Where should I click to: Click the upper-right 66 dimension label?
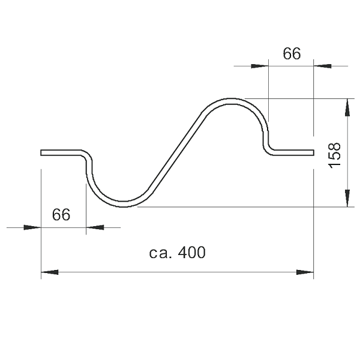pyautogui.click(x=292, y=53)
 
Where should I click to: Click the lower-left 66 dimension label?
pyautogui.click(x=61, y=215)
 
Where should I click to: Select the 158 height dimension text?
pyautogui.click(x=335, y=155)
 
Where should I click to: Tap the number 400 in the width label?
pyautogui.click(x=192, y=253)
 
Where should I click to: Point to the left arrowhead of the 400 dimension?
pyautogui.click(x=50, y=272)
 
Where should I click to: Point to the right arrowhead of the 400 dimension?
pyautogui.click(x=305, y=272)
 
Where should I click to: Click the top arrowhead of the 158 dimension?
pyautogui.click(x=347, y=107)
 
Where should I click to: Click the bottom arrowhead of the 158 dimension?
pyautogui.click(x=347, y=199)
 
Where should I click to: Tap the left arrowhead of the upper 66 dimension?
pyautogui.click(x=260, y=66)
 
